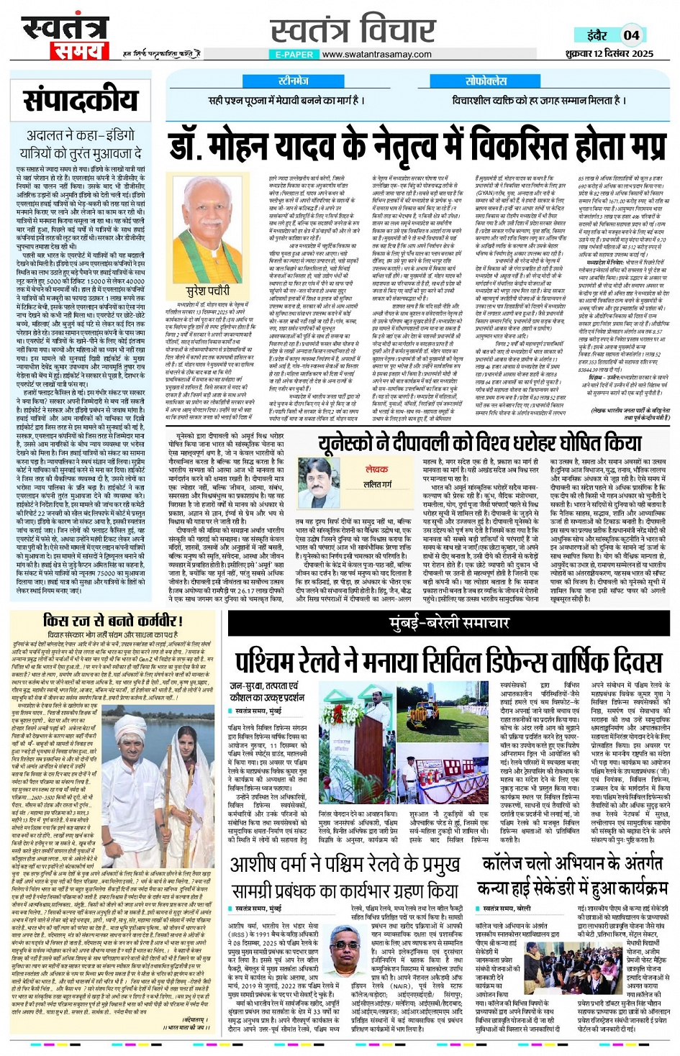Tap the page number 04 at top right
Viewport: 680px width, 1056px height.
631,35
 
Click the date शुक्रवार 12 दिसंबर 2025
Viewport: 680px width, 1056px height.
609,54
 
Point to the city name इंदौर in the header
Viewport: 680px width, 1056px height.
596,35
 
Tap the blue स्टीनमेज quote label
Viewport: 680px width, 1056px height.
293,81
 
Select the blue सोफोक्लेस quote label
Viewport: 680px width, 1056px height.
486,81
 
